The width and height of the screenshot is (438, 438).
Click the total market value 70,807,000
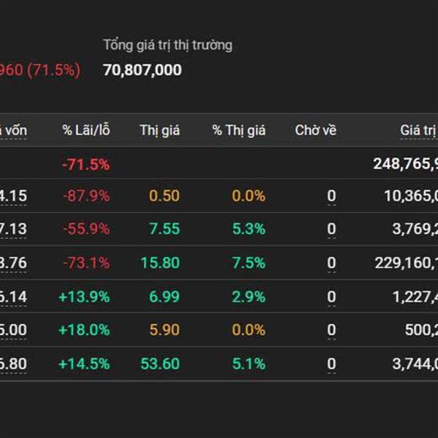[142, 70]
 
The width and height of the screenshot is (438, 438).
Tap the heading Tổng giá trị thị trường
[168, 45]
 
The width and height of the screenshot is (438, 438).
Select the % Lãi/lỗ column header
[85, 131]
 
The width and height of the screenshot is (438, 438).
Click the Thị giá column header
[160, 131]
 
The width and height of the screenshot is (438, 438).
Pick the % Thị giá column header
[239, 131]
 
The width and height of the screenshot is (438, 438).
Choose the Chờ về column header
[315, 131]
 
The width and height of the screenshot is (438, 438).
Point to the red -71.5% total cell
[85, 164]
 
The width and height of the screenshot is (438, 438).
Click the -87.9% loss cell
[85, 196]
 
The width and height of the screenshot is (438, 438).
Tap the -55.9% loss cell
[85, 229]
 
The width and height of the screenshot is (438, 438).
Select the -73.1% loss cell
[85, 263]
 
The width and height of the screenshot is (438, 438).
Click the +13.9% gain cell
[84, 296]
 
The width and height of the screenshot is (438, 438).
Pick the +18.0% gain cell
[84, 330]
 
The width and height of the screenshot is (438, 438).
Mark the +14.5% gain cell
[84, 364]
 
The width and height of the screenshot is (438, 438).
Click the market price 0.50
[164, 196]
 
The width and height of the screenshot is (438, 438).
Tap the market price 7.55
[164, 229]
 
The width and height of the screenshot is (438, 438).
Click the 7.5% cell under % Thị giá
[249, 263]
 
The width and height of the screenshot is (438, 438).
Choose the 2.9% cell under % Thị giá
[249, 296]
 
